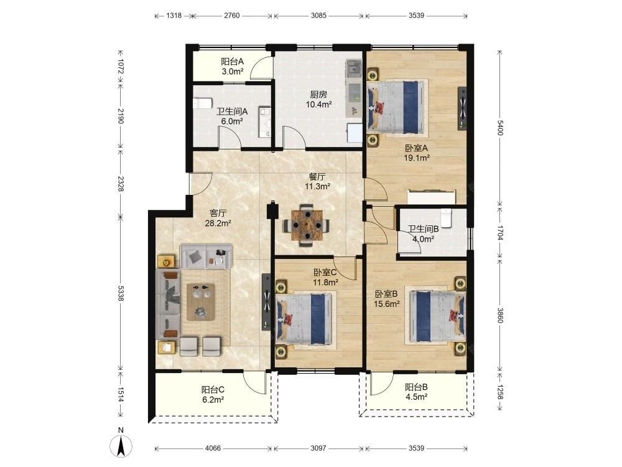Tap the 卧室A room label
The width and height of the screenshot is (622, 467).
[x=417, y=148]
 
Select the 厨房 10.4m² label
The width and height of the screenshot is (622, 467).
[x=318, y=99]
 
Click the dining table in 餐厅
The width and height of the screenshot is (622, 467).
[x=307, y=225]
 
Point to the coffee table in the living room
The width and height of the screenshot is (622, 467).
[x=201, y=302]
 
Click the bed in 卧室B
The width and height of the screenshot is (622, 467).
[x=437, y=316]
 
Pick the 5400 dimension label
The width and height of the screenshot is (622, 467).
[x=499, y=127]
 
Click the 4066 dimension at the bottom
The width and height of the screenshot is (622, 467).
[x=213, y=448]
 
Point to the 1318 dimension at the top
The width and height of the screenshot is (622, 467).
[x=174, y=16]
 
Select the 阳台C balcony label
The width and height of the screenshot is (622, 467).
[x=213, y=390]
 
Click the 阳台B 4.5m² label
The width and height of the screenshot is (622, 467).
[x=416, y=392]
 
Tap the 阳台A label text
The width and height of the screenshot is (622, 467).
[x=232, y=62]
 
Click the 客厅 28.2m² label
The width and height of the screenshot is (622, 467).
[x=218, y=218]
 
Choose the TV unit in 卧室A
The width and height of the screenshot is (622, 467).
[x=462, y=108]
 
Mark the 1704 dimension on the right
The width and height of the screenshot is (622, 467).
[x=499, y=233]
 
